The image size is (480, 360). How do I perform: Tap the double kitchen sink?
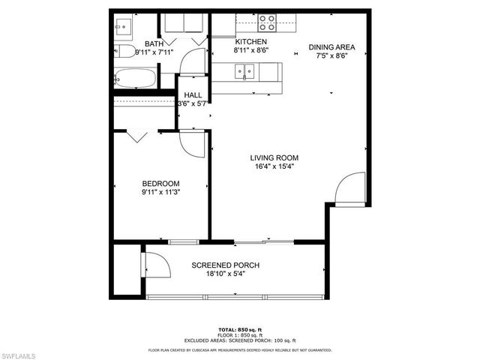[244, 72]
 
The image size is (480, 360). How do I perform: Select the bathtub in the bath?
[135, 77]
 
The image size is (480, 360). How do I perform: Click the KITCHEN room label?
[251, 42]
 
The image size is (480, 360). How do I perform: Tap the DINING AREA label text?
[331, 46]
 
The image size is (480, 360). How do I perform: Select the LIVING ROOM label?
[274, 157]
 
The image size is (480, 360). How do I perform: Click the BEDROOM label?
[161, 184]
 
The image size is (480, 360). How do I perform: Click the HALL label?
[193, 95]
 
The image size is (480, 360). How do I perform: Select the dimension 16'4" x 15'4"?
[274, 166]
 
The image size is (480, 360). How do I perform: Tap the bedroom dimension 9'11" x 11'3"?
[161, 193]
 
